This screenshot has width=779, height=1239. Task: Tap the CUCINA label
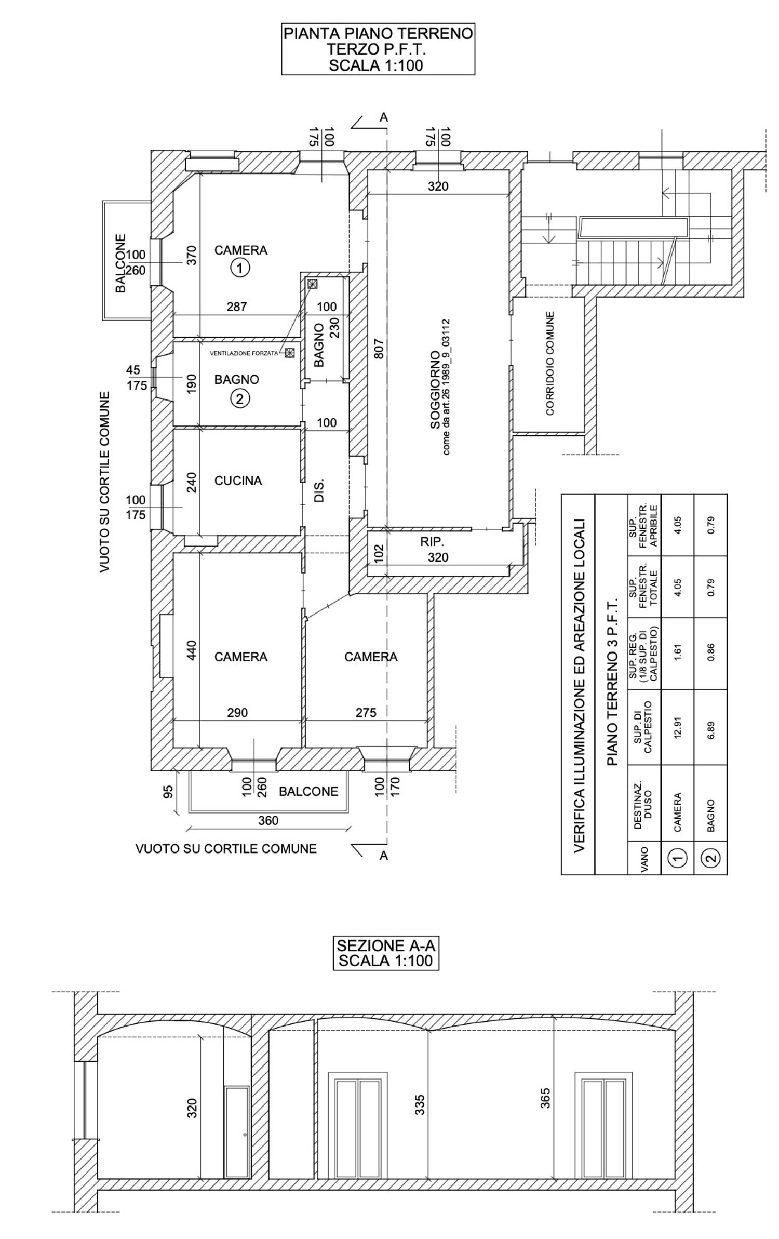pyautogui.click(x=238, y=481)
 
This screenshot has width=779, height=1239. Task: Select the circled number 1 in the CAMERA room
pyautogui.click(x=240, y=268)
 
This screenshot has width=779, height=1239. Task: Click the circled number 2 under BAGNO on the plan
pyautogui.click(x=240, y=399)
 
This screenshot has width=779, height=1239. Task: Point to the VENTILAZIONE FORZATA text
pyautogui.click(x=244, y=353)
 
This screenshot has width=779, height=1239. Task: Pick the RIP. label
pyautogui.click(x=432, y=542)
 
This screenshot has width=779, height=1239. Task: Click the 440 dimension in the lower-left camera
pyautogui.click(x=192, y=650)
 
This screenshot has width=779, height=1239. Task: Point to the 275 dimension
pyautogui.click(x=366, y=713)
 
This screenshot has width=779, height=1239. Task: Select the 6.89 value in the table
pyautogui.click(x=711, y=727)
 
